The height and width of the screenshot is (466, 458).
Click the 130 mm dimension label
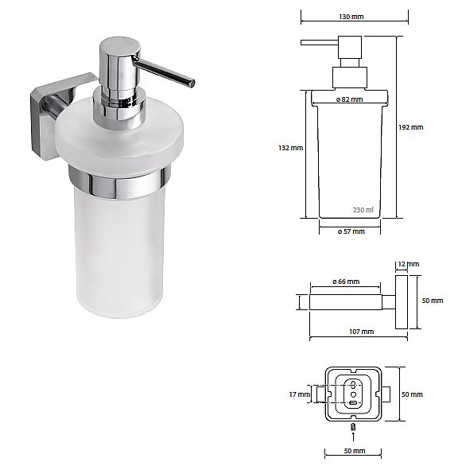(x=351, y=17)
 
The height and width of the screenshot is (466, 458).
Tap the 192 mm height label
(x=411, y=127)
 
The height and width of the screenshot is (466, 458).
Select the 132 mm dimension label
(x=291, y=148)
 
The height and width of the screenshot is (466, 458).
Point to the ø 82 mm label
(x=350, y=99)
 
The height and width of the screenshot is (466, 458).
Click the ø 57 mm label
(x=351, y=231)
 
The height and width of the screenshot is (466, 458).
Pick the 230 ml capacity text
(x=363, y=210)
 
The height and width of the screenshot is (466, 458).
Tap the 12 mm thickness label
(x=409, y=264)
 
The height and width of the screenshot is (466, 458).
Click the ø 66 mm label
(x=346, y=282)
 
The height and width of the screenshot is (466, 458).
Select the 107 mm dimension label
(x=362, y=332)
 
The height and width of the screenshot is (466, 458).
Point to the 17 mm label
(x=300, y=394)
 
